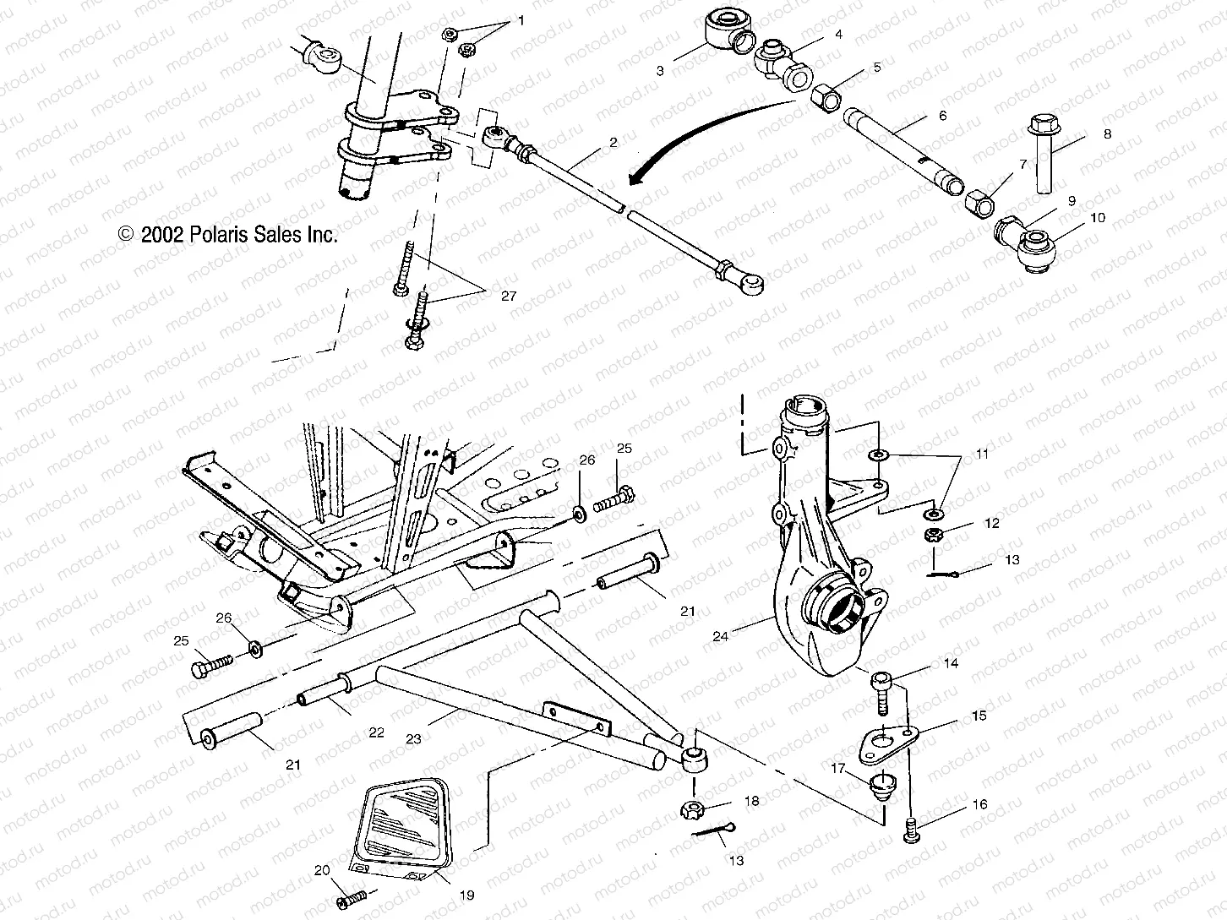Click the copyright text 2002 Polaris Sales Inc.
[x=228, y=235]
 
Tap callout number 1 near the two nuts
[x=521, y=19]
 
